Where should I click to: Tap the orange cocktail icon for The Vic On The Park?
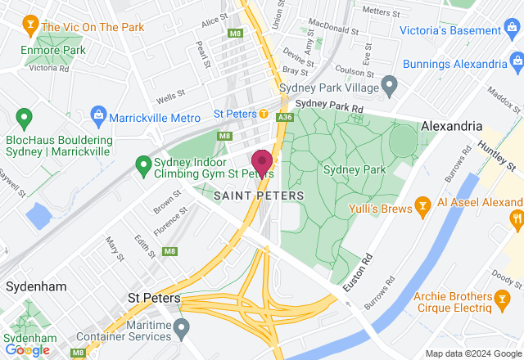pos(30,25)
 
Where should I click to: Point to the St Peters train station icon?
pos(264,114)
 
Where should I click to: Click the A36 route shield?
pos(284,118)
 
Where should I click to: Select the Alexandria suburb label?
pos(451,127)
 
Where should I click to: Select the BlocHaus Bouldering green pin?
pos(25,119)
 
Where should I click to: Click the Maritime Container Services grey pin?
pos(182,328)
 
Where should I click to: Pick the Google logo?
pos(27,350)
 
